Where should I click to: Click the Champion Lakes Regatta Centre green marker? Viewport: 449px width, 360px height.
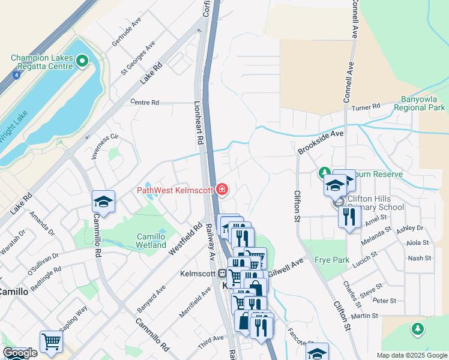tap(82, 61)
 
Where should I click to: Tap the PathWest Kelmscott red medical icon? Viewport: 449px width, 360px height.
tap(222, 190)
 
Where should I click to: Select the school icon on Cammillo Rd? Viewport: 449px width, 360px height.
tap(103, 202)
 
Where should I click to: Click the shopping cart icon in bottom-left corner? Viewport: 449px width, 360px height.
tap(51, 342)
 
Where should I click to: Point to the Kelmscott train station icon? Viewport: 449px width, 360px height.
tap(222, 273)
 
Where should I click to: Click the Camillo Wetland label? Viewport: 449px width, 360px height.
tap(151, 241)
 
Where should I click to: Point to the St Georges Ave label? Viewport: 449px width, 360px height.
tap(138, 57)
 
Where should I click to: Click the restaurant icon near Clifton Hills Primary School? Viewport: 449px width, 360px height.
tap(349, 216)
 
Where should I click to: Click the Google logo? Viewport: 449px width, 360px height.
tap(20, 353)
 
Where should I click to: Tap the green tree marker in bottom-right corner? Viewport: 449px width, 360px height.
tap(418, 329)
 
